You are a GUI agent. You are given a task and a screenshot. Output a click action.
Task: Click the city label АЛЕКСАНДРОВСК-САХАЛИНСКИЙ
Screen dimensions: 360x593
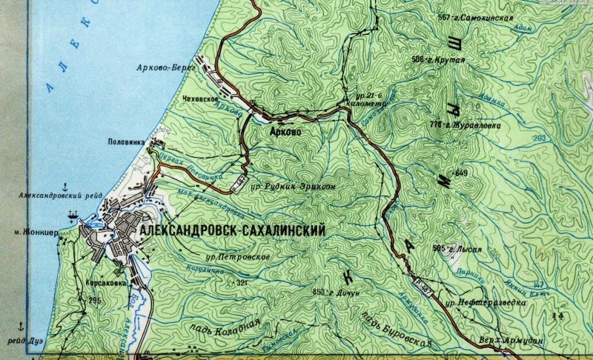coord(231,231)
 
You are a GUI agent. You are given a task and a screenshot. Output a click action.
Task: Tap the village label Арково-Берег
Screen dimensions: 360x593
coord(165,67)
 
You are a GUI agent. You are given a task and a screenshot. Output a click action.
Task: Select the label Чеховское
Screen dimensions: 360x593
coord(199,99)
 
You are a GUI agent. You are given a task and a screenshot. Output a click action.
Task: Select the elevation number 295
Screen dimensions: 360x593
coord(94,300)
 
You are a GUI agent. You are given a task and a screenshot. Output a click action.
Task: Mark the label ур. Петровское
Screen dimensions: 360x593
coord(237,256)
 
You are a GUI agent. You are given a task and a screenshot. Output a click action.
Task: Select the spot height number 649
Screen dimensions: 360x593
coord(462,173)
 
